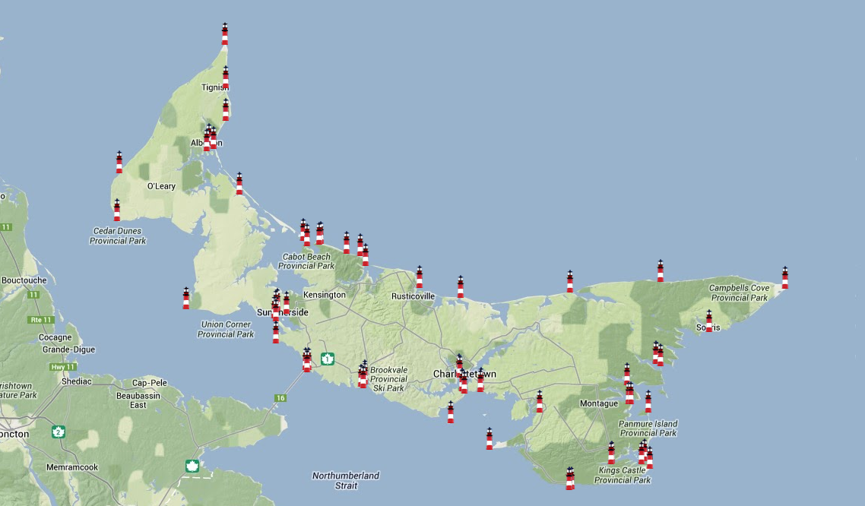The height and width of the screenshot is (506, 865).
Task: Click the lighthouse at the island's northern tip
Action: (224, 34)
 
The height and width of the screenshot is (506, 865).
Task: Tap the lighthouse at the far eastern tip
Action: (784, 278)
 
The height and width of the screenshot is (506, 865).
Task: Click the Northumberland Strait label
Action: (345, 480)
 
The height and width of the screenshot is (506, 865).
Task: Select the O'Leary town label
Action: (161, 186)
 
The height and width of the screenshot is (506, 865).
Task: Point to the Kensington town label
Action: (324, 295)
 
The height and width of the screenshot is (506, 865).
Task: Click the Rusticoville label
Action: (413, 296)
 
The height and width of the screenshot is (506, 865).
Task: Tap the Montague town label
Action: (599, 403)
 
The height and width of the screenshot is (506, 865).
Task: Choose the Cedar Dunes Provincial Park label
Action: (118, 236)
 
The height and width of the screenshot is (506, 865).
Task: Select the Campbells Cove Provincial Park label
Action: (740, 293)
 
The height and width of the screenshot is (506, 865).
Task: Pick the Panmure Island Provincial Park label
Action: (648, 429)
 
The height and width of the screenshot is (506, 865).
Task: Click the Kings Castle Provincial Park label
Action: (623, 475)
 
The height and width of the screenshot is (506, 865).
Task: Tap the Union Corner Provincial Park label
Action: (226, 329)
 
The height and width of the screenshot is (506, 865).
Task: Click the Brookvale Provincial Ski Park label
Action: (388, 378)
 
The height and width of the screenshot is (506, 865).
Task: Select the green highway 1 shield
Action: (328, 359)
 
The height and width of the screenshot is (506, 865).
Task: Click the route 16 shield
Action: (280, 398)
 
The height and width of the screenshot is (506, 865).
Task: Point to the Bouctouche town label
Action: (24, 280)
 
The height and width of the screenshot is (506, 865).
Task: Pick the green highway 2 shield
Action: (58, 432)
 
